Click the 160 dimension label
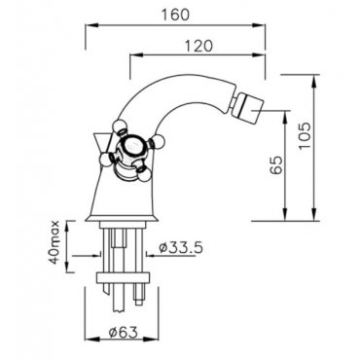[175, 15]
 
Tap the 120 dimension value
[198, 46]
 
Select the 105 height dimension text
[305, 135]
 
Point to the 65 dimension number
[276, 165]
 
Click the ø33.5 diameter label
[181, 248]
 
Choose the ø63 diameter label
[124, 332]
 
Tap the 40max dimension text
[55, 242]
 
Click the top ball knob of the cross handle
[118, 126]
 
